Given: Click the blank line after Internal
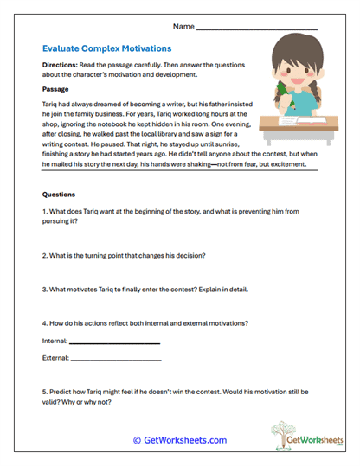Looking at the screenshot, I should tap(115, 343).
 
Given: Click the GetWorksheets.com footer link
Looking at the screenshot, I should tap(179, 440).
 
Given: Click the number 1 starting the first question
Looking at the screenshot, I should tap(44, 213).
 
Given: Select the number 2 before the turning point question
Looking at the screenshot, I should tap(44, 256).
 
